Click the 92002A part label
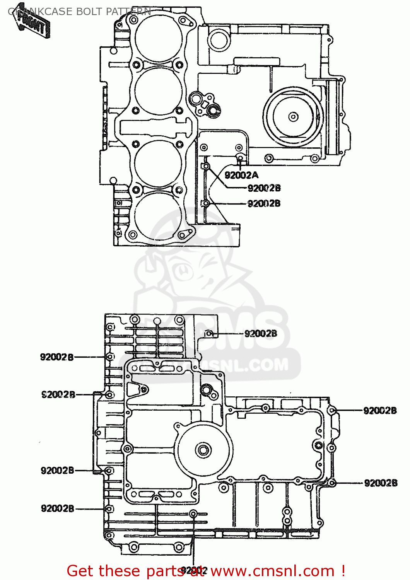point(241,176)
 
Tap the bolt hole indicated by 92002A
point(240,158)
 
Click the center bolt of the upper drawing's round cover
point(293,116)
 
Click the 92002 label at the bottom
point(194,570)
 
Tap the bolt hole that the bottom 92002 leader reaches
point(194,513)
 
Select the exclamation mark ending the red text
point(342,571)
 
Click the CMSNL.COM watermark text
point(240,365)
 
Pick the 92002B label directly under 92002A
point(264,188)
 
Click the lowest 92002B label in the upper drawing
point(264,203)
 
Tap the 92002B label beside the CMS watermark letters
point(261,334)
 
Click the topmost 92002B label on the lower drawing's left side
point(57,357)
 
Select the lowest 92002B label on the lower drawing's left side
point(57,508)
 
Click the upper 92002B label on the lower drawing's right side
point(380,411)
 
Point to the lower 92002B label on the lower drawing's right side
point(381,483)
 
